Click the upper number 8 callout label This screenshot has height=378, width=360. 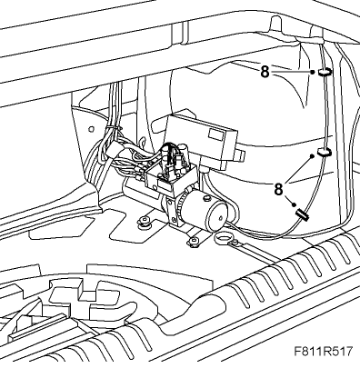point(265,72)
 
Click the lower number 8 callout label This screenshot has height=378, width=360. point(278,189)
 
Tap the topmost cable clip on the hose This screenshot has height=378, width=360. point(325,72)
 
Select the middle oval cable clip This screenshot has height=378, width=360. point(325,152)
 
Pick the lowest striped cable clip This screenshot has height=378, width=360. point(303,215)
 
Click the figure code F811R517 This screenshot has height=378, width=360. point(324,352)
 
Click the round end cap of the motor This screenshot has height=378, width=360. point(216,215)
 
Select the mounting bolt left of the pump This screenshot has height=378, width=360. point(145,221)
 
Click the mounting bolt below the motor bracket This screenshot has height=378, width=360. point(193,241)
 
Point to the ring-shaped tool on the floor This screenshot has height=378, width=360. point(223,238)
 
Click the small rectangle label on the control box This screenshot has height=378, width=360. point(216,134)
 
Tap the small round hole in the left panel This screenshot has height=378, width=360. point(91,129)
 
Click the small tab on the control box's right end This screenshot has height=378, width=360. point(240,154)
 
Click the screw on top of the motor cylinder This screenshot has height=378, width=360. point(207,198)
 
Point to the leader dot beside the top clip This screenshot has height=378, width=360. point(312,72)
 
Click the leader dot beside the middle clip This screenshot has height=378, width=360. point(311,155)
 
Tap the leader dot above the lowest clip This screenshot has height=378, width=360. point(294,205)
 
